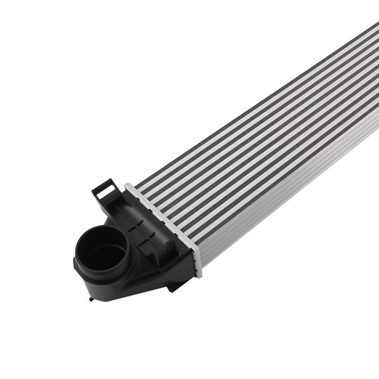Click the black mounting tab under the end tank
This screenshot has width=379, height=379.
176,286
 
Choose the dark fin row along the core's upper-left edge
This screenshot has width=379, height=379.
253,101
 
